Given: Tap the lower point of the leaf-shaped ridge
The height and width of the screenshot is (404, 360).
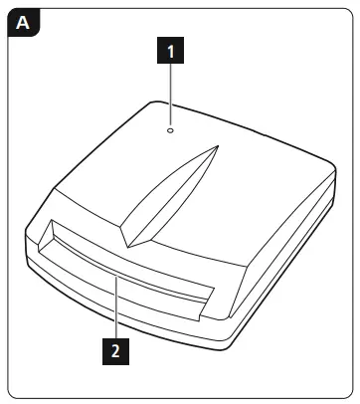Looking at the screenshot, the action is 123,247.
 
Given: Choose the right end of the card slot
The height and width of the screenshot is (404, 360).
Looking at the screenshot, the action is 211,299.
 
